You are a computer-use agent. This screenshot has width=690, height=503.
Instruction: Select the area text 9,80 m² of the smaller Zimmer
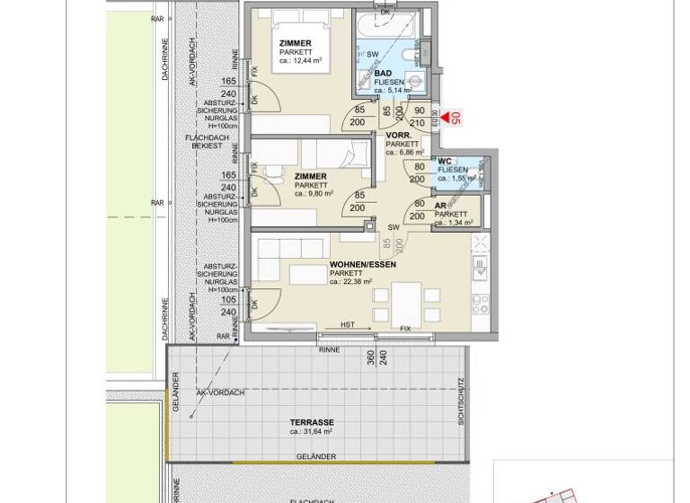coord(314,194)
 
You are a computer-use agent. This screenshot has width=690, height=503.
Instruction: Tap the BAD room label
coord(383,73)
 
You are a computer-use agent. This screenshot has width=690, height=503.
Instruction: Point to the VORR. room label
coord(399,135)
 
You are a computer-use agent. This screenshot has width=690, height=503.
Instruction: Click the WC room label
coord(444,162)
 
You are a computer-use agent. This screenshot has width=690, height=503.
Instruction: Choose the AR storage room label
coord(441,206)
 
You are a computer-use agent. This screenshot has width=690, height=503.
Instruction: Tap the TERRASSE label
coord(312,422)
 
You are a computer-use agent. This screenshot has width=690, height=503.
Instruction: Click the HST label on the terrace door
coord(348,325)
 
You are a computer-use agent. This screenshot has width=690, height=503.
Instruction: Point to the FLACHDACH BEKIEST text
coord(204,141)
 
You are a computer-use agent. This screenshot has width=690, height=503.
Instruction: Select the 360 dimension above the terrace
coord(368,357)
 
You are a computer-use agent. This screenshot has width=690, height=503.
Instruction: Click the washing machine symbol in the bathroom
coord(414,79)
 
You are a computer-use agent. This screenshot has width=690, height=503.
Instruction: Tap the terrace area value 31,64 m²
coord(312,432)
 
